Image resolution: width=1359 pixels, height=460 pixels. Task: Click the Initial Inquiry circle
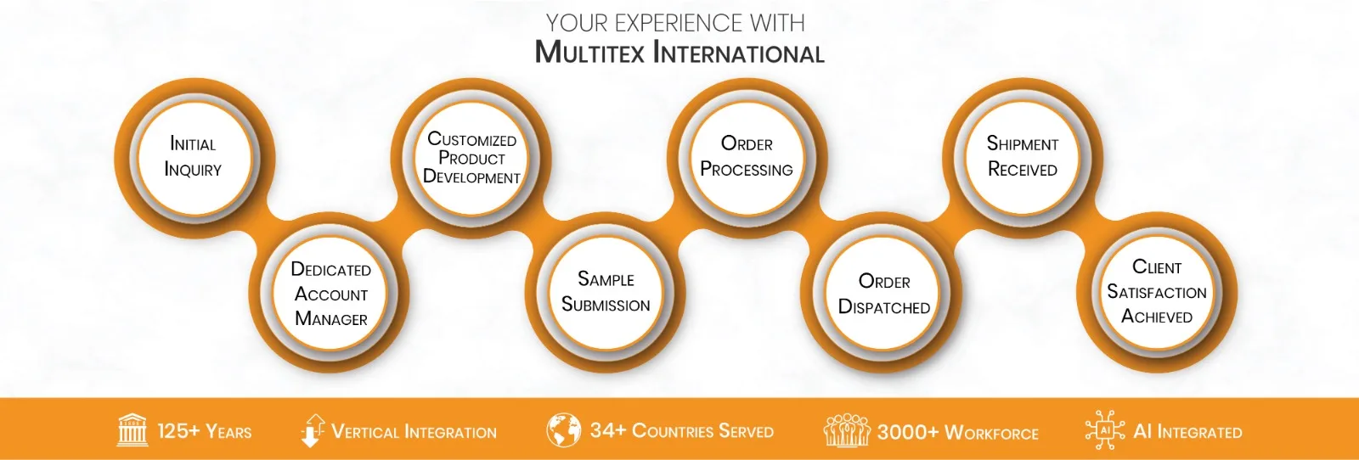193,157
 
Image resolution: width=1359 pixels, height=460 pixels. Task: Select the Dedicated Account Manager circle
331,294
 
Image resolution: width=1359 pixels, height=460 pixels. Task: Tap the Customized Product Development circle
471,158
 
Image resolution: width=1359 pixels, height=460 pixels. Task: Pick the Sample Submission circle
606,292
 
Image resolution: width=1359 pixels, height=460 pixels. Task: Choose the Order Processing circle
747,157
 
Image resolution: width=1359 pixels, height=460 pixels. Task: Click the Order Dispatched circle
884,294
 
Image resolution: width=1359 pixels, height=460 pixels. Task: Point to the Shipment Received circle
1023,157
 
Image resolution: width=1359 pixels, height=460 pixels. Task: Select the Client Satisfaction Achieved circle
1157,292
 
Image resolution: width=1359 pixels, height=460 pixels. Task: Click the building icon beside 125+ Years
132,430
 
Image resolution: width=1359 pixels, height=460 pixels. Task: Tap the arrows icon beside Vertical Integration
313,430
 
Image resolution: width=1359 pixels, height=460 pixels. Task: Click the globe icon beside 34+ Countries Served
563,430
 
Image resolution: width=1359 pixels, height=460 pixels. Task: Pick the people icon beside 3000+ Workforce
846,431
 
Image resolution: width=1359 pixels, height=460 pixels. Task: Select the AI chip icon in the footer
1105,430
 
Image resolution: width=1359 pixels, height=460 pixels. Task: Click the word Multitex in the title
589,53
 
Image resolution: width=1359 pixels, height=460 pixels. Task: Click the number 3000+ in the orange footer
907,432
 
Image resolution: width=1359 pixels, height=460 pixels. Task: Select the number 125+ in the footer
178,431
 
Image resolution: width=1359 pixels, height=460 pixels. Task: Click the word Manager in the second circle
331,319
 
